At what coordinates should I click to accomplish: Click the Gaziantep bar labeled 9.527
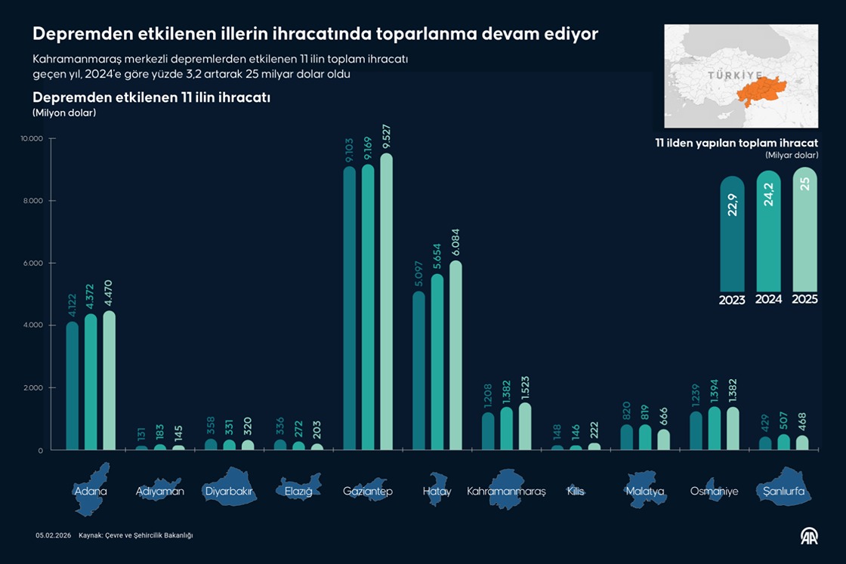386,302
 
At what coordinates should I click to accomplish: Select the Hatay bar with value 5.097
418,371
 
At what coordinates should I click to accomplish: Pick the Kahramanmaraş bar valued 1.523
525,427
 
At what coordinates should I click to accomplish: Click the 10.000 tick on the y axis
32,139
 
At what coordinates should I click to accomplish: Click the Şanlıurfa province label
783,492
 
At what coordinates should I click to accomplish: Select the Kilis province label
576,492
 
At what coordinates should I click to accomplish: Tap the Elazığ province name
298,492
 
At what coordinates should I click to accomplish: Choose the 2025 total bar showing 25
804,230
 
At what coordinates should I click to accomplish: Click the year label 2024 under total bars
768,300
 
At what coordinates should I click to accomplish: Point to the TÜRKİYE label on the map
732,76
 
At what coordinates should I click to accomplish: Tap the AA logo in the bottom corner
810,536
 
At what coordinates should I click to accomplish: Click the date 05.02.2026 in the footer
53,535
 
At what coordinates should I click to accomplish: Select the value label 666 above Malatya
663,414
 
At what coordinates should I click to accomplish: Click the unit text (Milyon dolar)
64,112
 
